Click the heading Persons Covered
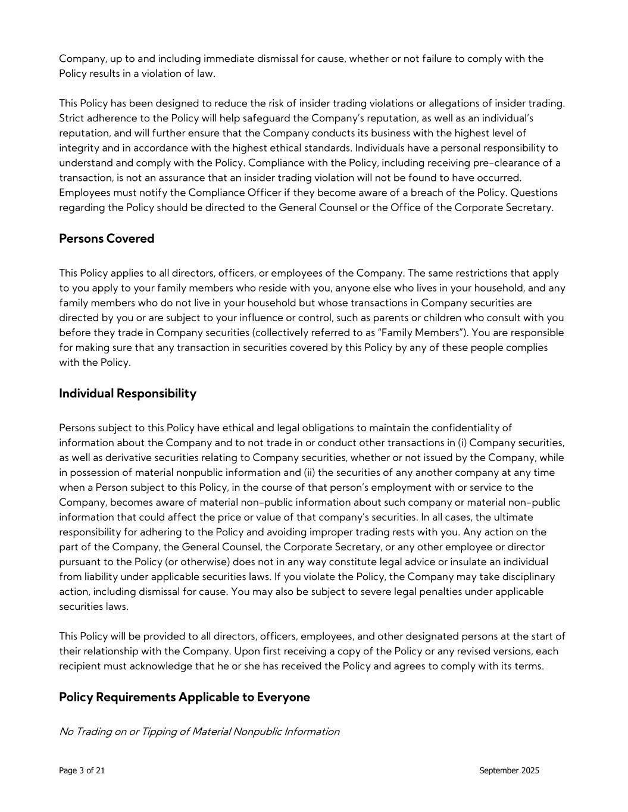click(x=107, y=239)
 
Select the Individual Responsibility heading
click(x=127, y=393)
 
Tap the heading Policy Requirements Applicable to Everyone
click(x=185, y=697)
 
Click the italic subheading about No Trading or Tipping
click(x=199, y=731)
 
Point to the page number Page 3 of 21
click(x=82, y=770)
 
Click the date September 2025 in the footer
click(x=509, y=770)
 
